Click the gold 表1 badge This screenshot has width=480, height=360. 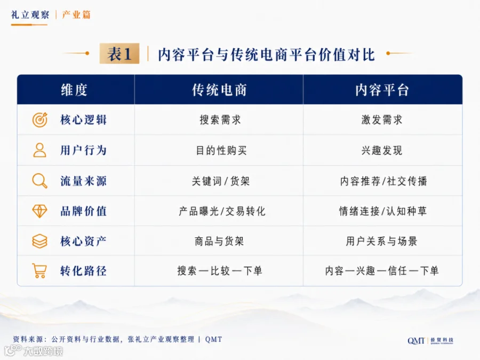[x=119, y=53]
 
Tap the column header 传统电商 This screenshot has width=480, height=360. [x=219, y=90]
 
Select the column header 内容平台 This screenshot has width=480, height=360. [x=382, y=90]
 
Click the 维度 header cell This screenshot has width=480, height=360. [x=74, y=90]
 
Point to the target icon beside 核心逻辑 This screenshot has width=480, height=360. [x=40, y=119]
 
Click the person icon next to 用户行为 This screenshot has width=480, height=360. [x=40, y=150]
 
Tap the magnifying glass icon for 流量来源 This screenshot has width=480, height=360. [x=40, y=181]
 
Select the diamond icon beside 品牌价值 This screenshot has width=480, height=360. [x=40, y=211]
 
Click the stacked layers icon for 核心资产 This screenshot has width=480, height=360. [x=40, y=241]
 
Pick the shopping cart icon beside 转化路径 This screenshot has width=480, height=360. [x=39, y=270]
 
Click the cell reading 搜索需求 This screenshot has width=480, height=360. [x=220, y=119]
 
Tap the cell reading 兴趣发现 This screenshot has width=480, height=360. [x=382, y=150]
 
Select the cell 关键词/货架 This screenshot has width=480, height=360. [x=221, y=181]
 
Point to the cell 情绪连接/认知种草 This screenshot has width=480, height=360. [x=383, y=211]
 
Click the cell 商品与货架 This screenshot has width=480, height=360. [x=219, y=241]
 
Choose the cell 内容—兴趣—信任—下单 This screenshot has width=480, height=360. [x=382, y=270]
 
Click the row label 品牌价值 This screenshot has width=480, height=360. [x=83, y=211]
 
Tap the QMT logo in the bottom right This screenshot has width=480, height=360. [x=430, y=341]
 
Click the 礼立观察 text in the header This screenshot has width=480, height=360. [x=30, y=15]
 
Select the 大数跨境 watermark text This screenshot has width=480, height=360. [x=43, y=351]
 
